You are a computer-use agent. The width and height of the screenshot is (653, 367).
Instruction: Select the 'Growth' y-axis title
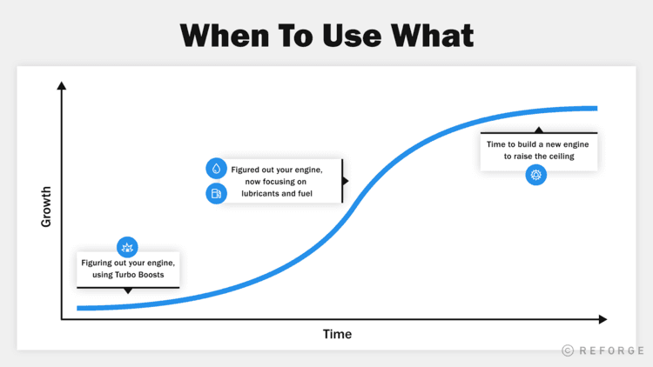click(x=46, y=207)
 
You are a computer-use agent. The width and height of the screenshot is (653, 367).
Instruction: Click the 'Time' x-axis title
click(x=337, y=334)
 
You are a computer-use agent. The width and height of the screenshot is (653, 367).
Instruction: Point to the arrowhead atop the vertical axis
click(x=61, y=85)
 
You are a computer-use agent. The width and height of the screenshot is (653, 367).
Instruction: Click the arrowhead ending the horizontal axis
click(x=603, y=319)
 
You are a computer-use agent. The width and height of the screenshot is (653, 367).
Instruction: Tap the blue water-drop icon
click(x=216, y=169)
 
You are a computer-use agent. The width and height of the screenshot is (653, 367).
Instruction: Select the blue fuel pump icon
click(x=216, y=193)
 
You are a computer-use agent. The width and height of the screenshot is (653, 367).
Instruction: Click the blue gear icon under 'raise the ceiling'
click(x=535, y=176)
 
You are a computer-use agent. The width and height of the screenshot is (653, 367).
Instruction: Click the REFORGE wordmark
click(x=611, y=350)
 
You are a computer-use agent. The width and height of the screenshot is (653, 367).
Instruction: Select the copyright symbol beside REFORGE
click(x=568, y=350)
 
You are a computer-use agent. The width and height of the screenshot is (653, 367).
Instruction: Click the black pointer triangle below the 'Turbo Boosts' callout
click(x=128, y=290)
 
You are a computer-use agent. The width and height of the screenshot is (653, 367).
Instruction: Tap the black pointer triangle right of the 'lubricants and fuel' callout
click(x=346, y=181)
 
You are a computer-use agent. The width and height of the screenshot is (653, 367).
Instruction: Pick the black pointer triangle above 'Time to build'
click(x=539, y=130)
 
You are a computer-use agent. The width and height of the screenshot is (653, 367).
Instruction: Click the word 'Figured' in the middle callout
click(x=247, y=168)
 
